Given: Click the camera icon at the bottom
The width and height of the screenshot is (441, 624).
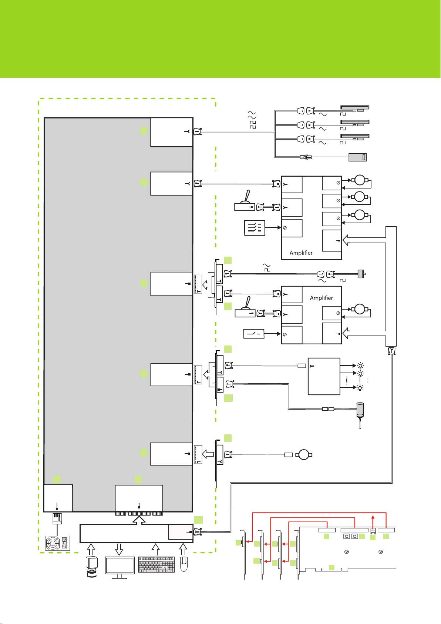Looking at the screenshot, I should pos(91,567).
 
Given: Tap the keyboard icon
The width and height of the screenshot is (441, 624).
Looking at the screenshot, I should pos(156,564).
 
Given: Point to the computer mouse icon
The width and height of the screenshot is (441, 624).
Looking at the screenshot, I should pos(184,564).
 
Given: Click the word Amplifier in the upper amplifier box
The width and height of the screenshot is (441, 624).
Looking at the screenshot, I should pos(301,253).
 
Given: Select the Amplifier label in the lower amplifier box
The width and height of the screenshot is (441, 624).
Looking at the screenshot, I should pos(321,298).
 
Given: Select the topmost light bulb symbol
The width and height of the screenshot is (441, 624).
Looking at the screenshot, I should pos(360,365).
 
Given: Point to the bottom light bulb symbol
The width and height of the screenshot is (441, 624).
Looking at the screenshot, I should pos(360,388).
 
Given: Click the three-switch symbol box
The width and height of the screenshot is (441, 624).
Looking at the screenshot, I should pos(255,228).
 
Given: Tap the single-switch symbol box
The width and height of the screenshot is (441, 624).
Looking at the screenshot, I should pos(253,334).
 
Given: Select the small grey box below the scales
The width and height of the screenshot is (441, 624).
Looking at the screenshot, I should pos(357,157).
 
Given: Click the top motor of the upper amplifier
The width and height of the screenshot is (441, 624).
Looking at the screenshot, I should pos(360,180).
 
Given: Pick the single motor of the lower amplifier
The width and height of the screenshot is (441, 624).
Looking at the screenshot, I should pos(360,309).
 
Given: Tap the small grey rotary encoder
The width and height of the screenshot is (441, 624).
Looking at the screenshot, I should pos(361,274).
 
